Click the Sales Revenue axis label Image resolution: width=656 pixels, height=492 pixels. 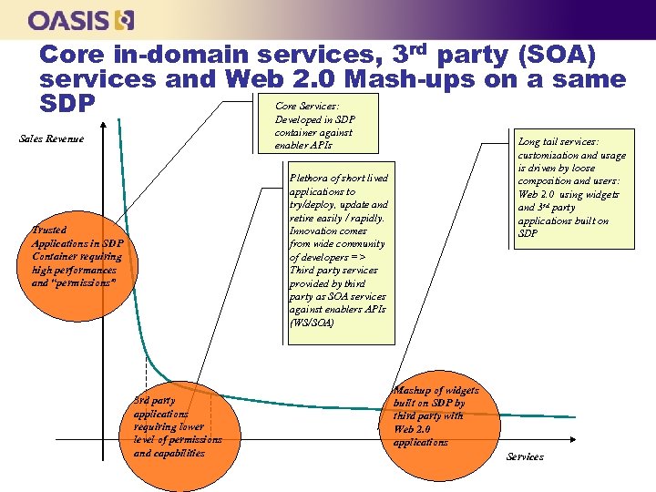(51, 138)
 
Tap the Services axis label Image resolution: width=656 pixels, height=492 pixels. (524, 456)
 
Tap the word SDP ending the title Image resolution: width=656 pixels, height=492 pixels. (67, 104)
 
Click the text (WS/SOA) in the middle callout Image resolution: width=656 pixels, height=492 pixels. (312, 323)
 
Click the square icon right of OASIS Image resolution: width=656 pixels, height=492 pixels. (127, 19)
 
